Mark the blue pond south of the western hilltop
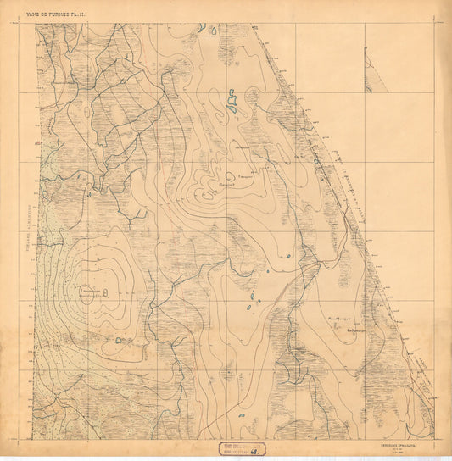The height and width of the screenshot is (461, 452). coord(120,341)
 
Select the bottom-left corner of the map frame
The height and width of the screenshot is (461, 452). coord(36,438)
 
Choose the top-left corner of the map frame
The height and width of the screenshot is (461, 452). coord(36,24)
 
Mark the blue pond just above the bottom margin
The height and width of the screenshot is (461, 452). coord(243,416)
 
